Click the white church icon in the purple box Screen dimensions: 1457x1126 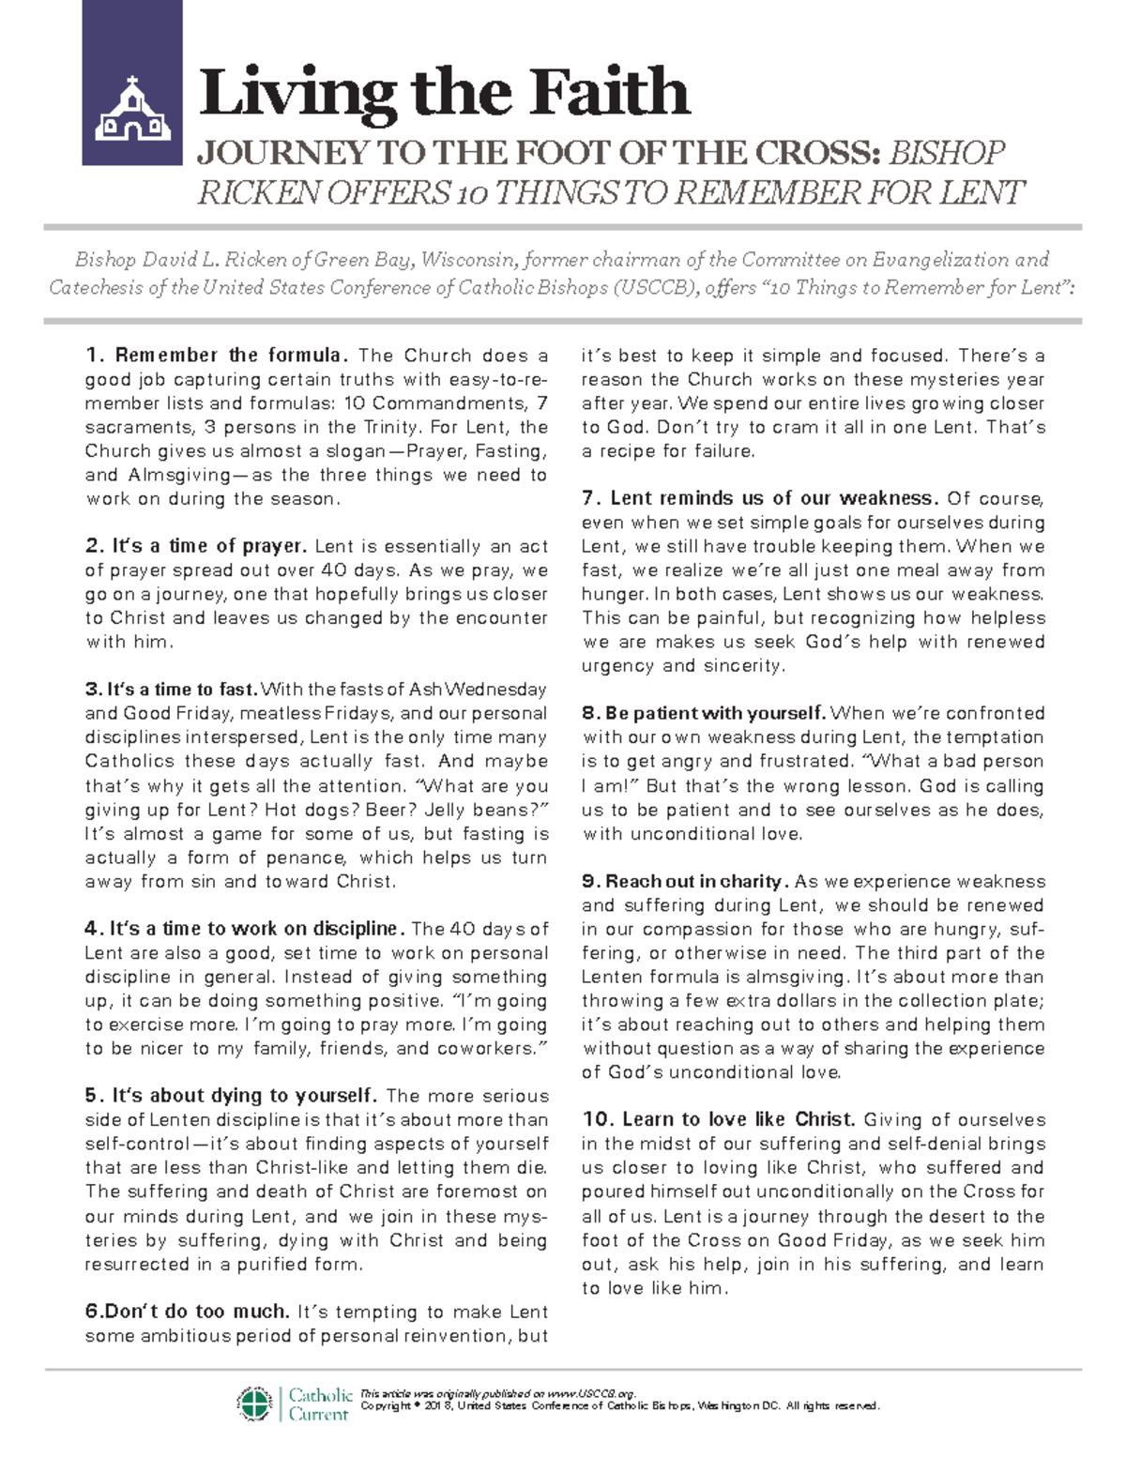pos(132,110)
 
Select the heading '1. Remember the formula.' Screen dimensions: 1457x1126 pos(217,356)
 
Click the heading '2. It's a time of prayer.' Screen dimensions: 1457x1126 pos(195,546)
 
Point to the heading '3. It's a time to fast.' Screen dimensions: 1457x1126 pos(171,690)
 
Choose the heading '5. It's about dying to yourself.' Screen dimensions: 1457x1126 pos(230,1096)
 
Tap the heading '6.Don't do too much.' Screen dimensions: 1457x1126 pos(187,1312)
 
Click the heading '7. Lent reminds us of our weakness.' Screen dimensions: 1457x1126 pos(759,498)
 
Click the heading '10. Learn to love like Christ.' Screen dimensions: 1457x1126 pos(718,1120)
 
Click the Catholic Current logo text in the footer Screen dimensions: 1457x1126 pos(320,1404)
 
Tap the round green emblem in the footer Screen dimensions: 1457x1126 pos(254,1404)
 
